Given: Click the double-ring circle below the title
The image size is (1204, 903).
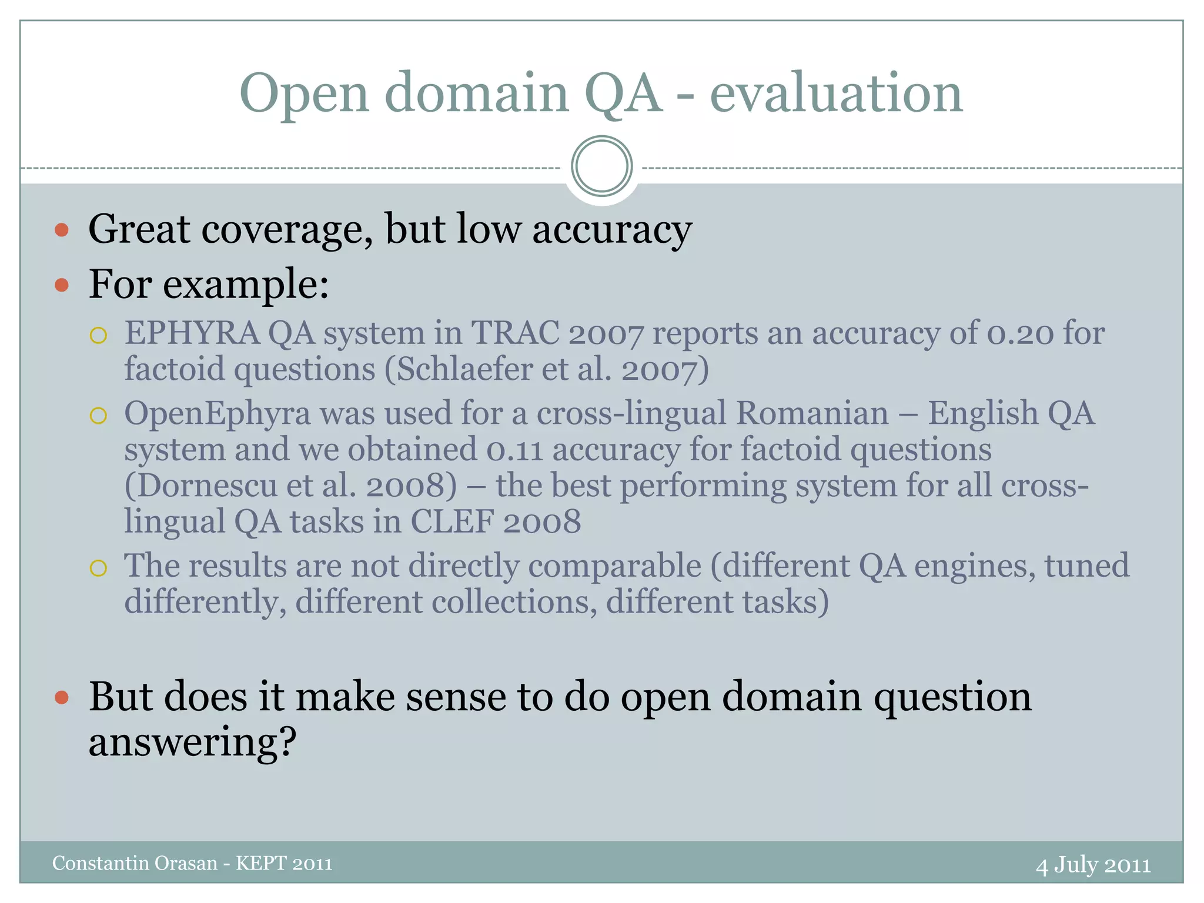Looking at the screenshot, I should tap(601, 166).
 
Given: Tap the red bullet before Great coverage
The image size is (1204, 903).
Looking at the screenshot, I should tap(62, 229).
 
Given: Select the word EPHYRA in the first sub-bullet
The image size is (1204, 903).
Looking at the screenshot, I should tap(192, 333).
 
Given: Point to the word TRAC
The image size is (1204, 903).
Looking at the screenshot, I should tap(515, 333).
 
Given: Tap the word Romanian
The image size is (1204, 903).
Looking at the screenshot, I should tap(812, 413).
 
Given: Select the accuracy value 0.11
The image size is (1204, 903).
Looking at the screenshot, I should tap(514, 450).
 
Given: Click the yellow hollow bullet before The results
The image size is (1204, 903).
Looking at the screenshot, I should tap(98, 568).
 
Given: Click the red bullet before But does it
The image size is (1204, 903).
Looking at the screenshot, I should tap(62, 698).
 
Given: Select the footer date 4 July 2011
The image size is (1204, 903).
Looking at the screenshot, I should tap(1093, 865).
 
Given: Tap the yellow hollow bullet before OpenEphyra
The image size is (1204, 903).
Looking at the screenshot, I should tap(98, 416).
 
